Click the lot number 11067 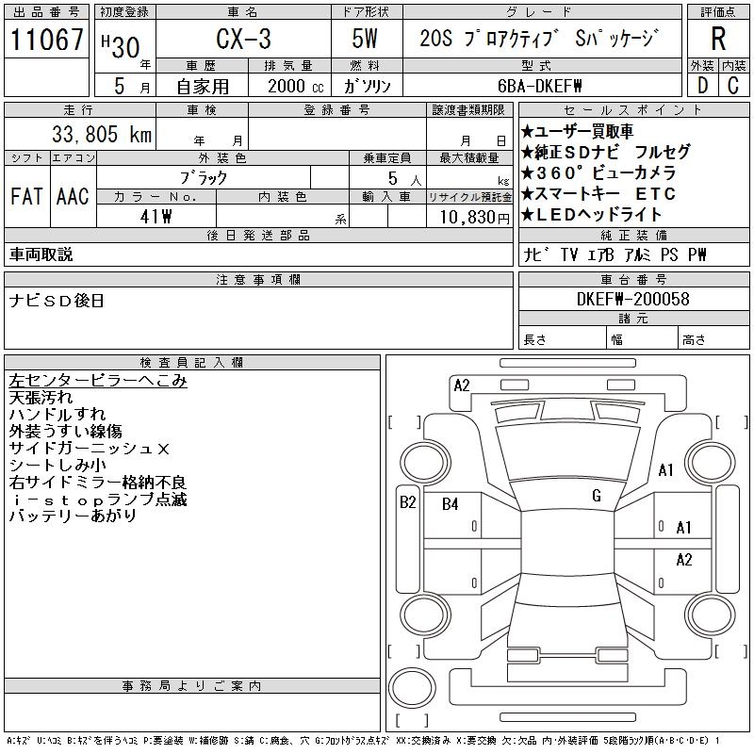tap(47, 40)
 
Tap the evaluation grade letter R tap(718, 40)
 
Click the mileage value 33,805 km tap(90, 134)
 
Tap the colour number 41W tap(156, 216)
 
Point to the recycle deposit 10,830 tap(467, 217)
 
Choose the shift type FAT tap(26, 196)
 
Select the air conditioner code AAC tap(73, 196)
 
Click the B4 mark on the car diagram tap(450, 504)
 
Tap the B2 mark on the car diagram tap(407, 502)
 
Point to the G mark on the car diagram tap(596, 496)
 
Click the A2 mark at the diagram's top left tap(462, 385)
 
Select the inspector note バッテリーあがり tap(73, 516)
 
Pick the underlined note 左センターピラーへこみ tap(98, 381)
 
